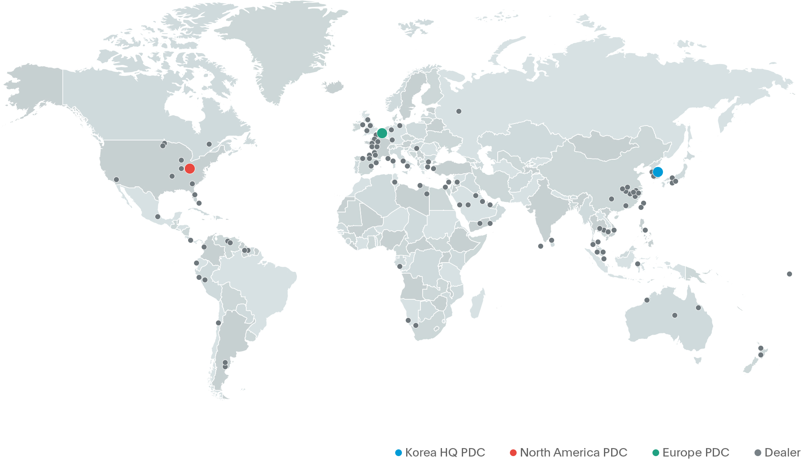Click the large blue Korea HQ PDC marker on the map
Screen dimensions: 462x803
click(657, 172)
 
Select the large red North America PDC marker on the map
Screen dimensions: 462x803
click(190, 169)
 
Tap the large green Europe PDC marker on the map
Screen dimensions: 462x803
click(382, 133)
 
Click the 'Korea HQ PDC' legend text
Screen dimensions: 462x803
click(445, 453)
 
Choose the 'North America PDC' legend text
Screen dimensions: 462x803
click(574, 453)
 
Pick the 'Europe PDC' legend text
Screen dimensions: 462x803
click(696, 453)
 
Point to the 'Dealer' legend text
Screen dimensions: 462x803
click(782, 453)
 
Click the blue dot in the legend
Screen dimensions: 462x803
click(398, 453)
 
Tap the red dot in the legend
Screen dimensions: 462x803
click(513, 453)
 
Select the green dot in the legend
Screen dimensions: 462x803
click(656, 453)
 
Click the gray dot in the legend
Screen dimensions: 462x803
click(758, 453)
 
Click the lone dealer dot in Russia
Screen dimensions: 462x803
click(459, 111)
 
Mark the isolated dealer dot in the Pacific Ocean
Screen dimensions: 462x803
click(790, 274)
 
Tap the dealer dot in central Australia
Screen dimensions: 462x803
click(675, 315)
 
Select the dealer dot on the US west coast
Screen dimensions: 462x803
click(116, 180)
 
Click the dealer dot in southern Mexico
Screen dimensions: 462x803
click(158, 217)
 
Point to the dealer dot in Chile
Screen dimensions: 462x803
click(218, 323)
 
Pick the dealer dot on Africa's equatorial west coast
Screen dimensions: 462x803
click(400, 266)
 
